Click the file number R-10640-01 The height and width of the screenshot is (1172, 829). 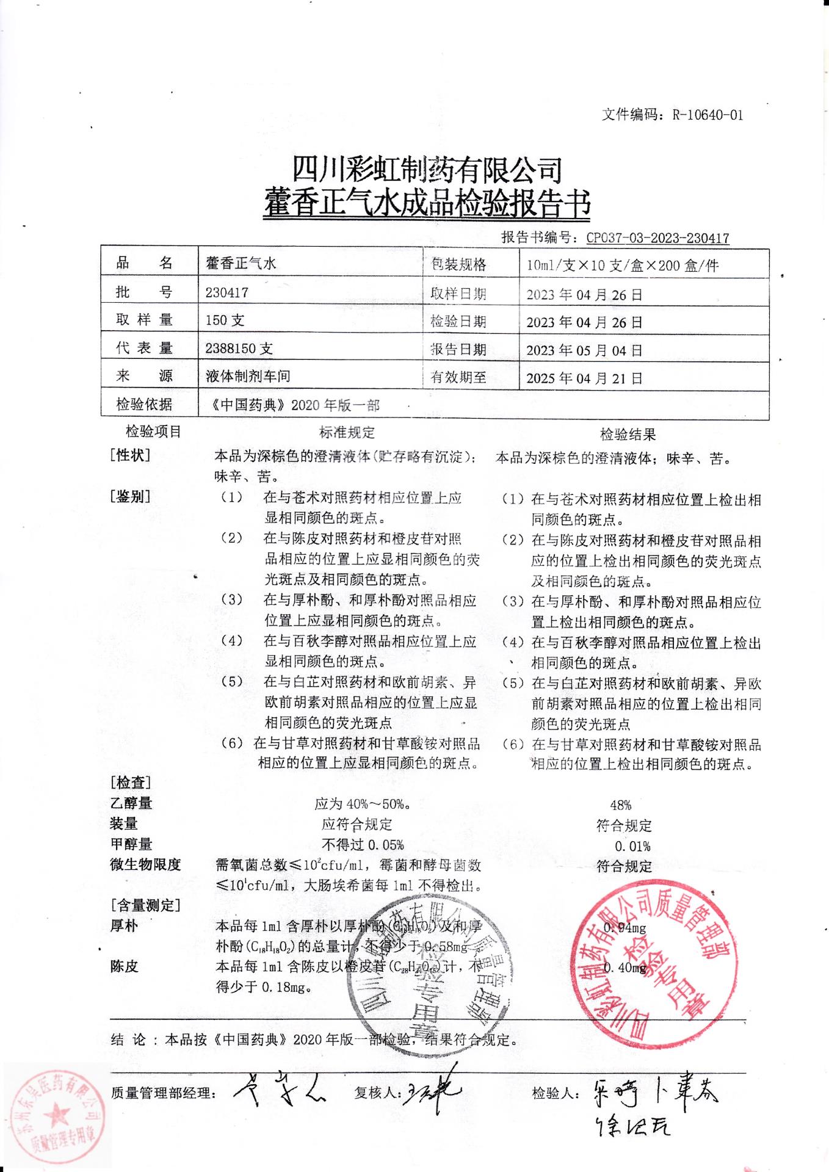[708, 115]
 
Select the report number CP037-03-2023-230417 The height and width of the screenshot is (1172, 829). [657, 238]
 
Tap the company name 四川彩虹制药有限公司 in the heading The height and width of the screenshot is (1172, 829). [427, 170]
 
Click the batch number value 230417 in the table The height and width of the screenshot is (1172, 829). [227, 292]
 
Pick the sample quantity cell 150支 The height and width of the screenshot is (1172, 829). [225, 320]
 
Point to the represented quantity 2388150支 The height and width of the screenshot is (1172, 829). [239, 349]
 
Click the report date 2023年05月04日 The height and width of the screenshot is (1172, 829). [584, 350]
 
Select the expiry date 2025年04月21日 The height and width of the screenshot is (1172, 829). [584, 378]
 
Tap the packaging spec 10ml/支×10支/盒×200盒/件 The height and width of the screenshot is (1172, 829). [623, 266]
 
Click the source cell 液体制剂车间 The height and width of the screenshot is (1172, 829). [248, 377]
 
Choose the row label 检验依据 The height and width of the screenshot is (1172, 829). [145, 405]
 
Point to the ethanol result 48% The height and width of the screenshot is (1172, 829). [620, 805]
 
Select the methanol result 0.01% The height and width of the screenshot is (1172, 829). [632, 846]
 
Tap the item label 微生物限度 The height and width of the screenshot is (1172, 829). [145, 865]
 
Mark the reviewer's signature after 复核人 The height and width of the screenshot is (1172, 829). [433, 1091]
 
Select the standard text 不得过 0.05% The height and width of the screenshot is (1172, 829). [363, 845]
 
